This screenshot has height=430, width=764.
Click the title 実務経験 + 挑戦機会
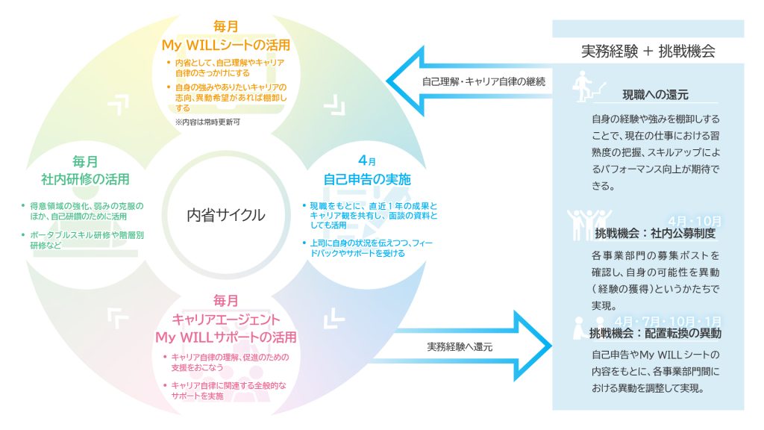(648, 52)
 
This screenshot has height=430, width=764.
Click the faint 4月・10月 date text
(695, 221)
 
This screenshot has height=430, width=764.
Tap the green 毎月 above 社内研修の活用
(85, 161)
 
